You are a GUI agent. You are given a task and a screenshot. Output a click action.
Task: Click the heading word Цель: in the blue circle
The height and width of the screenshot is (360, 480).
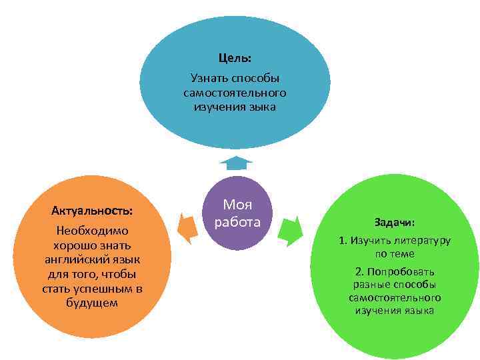pos(235,58)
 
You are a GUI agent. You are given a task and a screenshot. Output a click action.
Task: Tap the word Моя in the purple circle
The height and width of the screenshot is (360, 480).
pos(237,204)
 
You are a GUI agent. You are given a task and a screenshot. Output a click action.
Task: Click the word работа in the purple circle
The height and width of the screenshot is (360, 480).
pos(237,221)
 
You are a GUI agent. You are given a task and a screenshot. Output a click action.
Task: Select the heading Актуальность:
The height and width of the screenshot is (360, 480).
pos(92,211)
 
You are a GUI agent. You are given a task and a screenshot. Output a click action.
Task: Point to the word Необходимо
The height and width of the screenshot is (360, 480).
pos(92,231)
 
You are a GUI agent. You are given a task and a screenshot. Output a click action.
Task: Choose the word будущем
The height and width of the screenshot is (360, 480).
pos(92,303)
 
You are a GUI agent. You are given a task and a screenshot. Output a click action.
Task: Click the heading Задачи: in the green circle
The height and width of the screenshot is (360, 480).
pos(395,222)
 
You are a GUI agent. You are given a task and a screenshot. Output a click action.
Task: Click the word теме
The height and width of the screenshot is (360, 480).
pos(403,254)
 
